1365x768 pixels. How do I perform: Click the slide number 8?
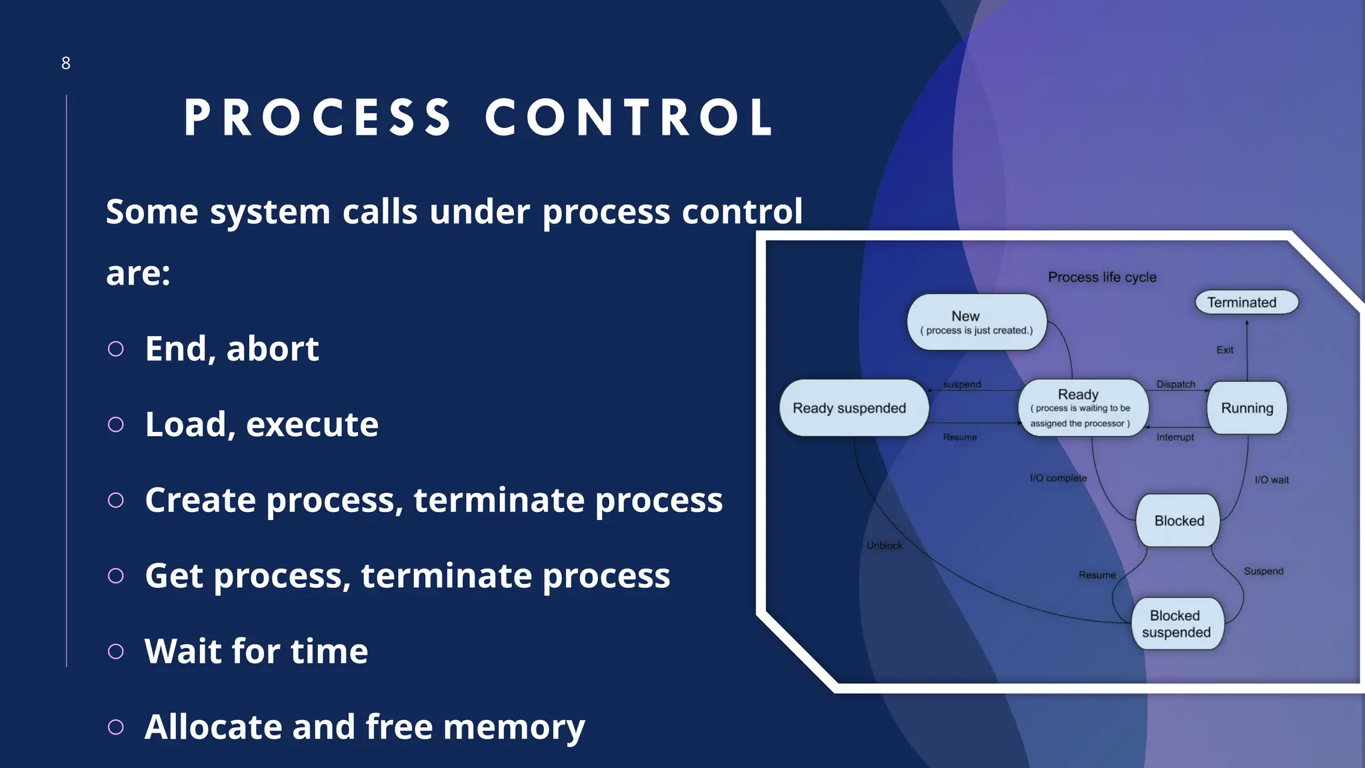pos(65,63)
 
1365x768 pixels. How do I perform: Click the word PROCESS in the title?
pos(318,118)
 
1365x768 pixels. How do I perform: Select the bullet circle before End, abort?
pos(116,349)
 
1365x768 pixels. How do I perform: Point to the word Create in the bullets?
pos(200,500)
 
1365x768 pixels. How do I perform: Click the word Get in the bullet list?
pos(173,576)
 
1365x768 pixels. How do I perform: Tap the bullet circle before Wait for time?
pos(116,651)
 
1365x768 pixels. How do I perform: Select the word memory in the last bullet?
pos(514,727)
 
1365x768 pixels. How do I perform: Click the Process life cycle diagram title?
pos(1102,277)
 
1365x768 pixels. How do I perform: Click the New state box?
pos(976,322)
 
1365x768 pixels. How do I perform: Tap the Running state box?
pos(1246,408)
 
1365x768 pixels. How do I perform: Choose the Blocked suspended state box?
pos(1176,624)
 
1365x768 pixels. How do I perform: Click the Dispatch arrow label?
pos(1176,385)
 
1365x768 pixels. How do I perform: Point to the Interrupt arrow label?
pos(1175,437)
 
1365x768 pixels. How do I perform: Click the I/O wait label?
pos(1272,480)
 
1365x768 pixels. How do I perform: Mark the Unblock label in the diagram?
pos(884,546)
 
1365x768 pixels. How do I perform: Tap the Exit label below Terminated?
pos(1224,350)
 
